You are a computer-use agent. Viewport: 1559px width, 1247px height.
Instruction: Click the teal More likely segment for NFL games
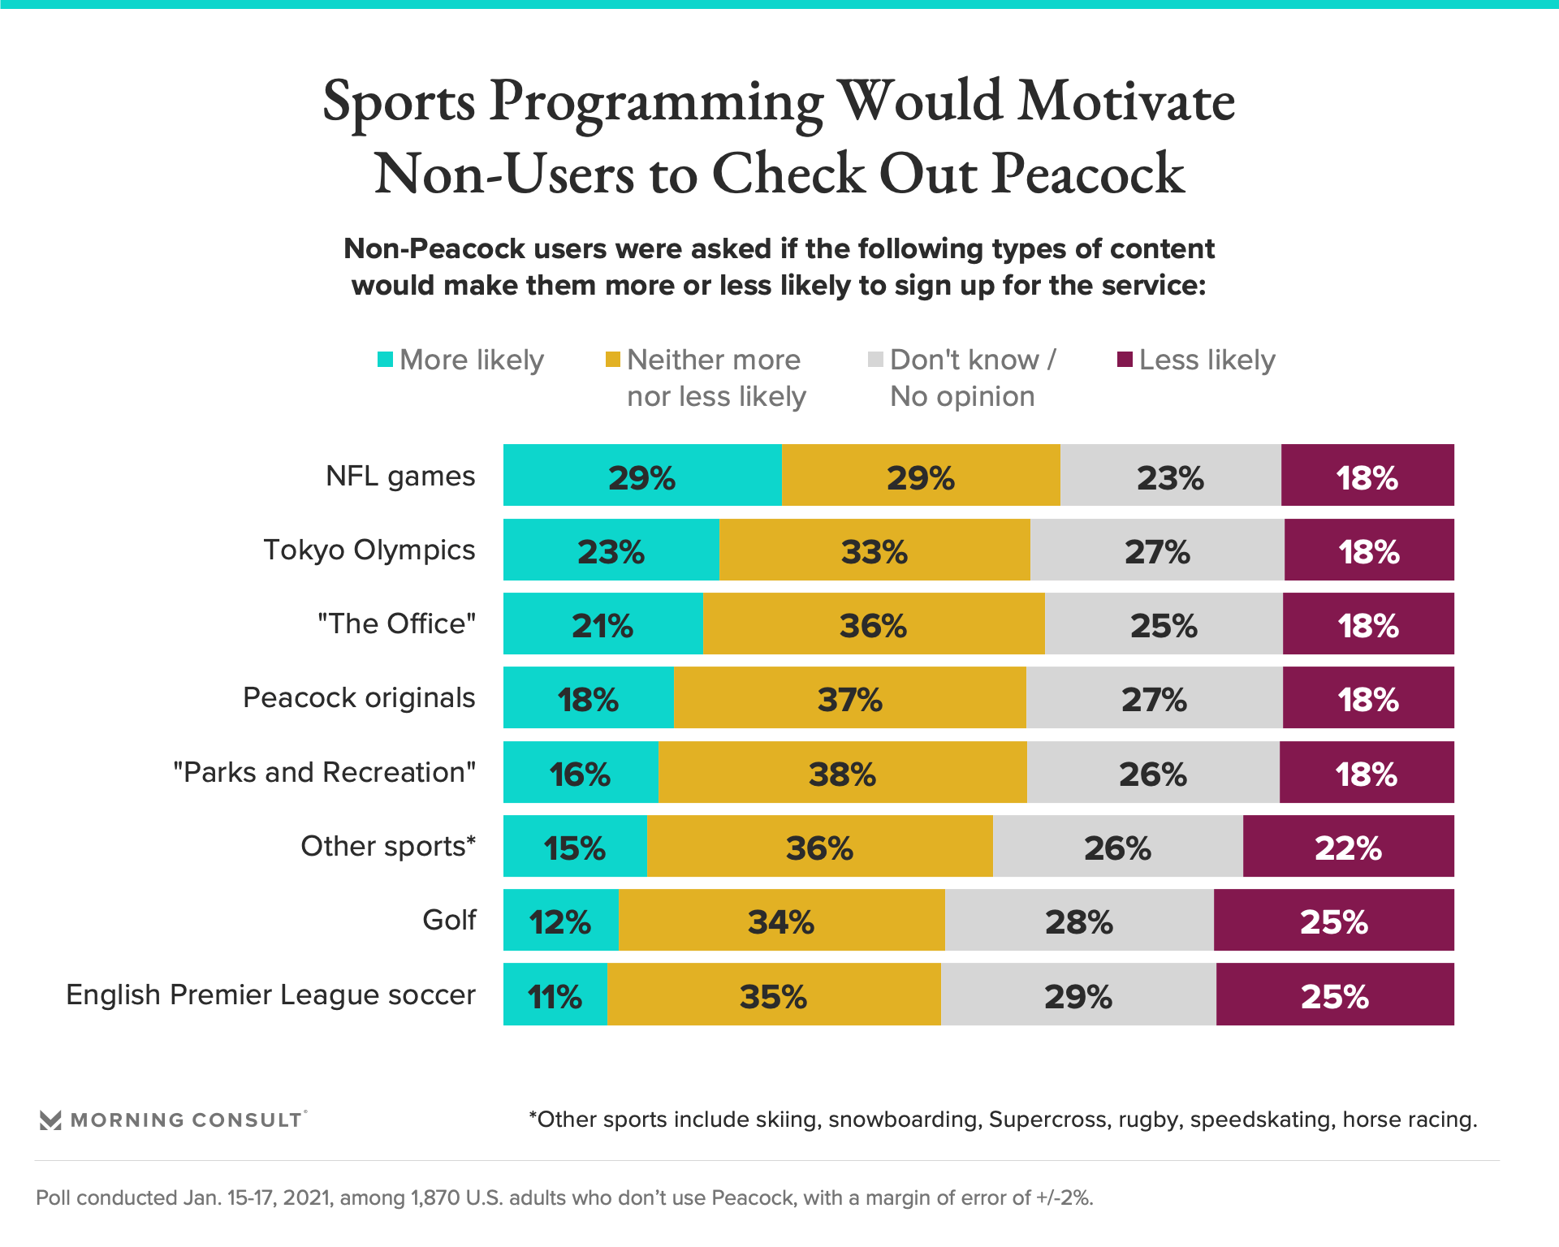642,476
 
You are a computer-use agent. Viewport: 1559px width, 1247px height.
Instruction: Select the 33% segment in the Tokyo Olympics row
875,550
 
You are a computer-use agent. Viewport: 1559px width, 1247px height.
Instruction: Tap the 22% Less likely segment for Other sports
1348,847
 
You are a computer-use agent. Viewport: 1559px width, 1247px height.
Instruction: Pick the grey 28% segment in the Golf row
1079,921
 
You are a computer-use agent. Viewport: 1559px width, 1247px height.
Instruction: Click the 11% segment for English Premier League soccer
555,995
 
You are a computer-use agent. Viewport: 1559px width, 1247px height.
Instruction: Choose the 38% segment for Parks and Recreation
842,773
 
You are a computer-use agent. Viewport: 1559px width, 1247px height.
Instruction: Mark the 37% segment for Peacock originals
849,698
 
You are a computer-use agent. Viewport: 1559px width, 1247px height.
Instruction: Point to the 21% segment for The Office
602,624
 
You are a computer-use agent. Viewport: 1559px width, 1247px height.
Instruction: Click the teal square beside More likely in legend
386,360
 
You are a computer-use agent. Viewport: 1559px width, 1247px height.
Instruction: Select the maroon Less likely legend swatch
1125,360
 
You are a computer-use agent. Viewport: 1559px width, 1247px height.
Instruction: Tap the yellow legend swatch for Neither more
613,360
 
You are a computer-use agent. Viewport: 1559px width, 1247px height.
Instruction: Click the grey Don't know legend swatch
875,360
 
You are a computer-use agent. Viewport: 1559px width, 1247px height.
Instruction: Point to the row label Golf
449,921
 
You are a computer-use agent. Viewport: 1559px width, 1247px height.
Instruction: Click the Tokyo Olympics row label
369,550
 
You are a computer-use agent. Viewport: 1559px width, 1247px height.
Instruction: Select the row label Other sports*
388,847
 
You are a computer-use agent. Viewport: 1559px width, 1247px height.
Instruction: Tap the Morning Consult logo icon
50,1120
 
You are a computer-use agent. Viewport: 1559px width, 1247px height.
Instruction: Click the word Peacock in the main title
1088,174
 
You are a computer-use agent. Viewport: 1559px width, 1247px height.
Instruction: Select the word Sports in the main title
399,102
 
